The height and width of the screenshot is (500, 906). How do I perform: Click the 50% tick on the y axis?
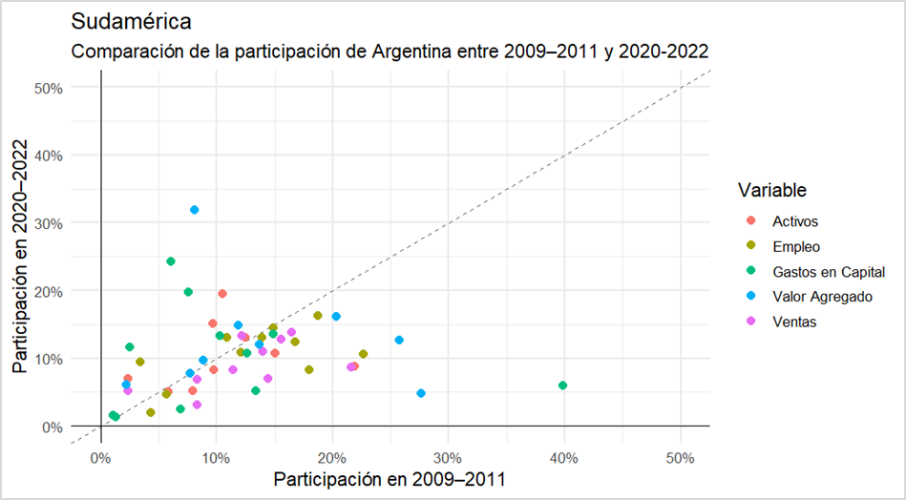48,88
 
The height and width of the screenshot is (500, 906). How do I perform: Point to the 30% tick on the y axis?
48,223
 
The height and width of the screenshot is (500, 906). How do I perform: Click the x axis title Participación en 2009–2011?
390,478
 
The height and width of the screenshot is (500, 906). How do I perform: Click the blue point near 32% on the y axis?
195,210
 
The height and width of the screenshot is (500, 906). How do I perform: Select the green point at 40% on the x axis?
563,385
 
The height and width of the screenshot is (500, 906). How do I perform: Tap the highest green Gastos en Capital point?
171,261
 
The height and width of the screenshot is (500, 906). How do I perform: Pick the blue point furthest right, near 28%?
421,393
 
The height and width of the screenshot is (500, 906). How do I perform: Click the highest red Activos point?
222,294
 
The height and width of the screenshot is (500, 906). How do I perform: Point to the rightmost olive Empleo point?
363,354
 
